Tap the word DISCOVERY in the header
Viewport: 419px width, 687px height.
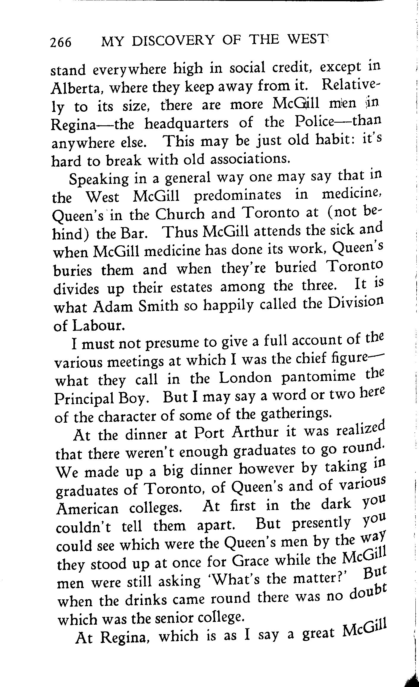pyautogui.click(x=173, y=40)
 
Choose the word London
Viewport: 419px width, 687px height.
pyautogui.click(x=245, y=378)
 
